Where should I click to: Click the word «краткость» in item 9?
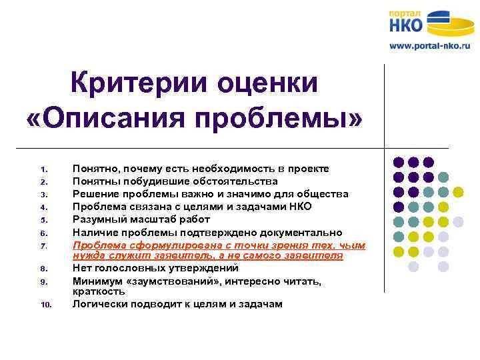[99, 292]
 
